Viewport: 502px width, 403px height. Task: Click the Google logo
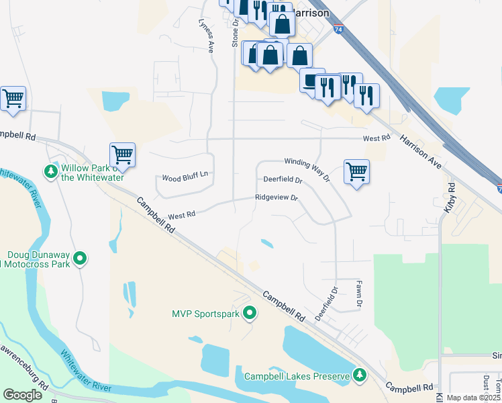tap(23, 395)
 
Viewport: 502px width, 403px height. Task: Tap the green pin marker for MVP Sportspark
tap(250, 313)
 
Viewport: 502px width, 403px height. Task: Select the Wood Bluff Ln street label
tap(185, 178)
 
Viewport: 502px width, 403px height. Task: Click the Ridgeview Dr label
tap(275, 197)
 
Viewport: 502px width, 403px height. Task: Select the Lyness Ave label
tap(205, 36)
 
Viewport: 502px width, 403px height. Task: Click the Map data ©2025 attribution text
tap(473, 398)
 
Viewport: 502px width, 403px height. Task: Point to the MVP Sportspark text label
tap(206, 313)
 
